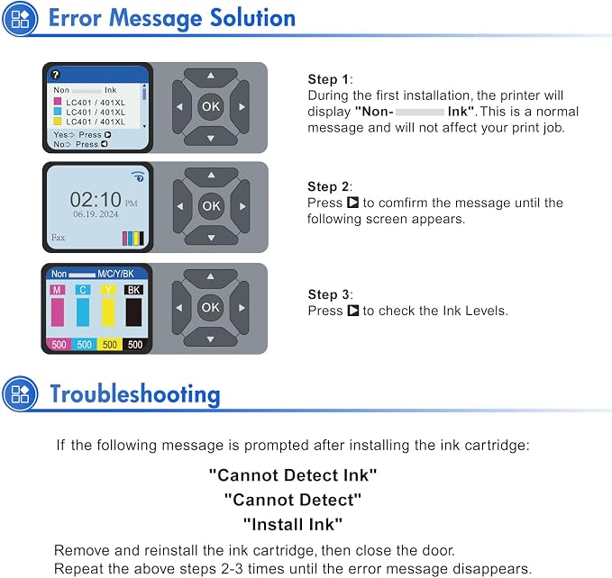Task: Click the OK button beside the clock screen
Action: [211, 206]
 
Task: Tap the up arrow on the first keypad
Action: [211, 77]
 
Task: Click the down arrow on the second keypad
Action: [211, 236]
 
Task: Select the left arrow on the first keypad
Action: [180, 106]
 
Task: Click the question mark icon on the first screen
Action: [56, 75]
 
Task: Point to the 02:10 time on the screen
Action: [96, 200]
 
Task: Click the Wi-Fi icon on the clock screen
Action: [138, 176]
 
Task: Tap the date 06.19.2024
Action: [96, 214]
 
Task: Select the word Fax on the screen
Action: [59, 238]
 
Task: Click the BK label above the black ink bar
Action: [134, 290]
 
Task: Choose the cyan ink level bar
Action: [83, 312]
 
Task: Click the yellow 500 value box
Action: [110, 345]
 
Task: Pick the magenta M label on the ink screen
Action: [58, 290]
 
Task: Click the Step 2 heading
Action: [329, 186]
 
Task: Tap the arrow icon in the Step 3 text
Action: [352, 311]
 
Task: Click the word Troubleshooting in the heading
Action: [135, 394]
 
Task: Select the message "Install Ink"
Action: [293, 524]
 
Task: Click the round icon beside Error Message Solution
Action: [20, 19]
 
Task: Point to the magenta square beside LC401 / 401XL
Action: [58, 102]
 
